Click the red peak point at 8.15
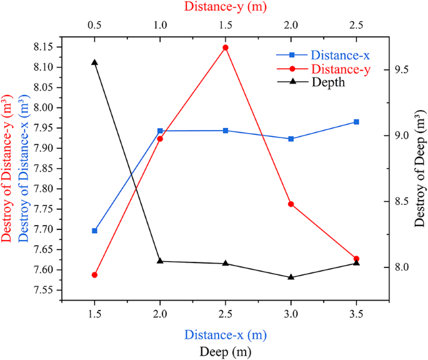(226, 47)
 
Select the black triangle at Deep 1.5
(94, 62)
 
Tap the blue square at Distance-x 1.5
(94, 231)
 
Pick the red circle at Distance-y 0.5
(94, 275)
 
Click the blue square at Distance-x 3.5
(356, 122)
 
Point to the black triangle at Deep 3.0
(291, 277)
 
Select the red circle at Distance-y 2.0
(291, 204)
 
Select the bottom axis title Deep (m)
(226, 352)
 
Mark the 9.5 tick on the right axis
(402, 69)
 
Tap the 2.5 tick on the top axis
(356, 26)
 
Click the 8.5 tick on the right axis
(402, 201)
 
